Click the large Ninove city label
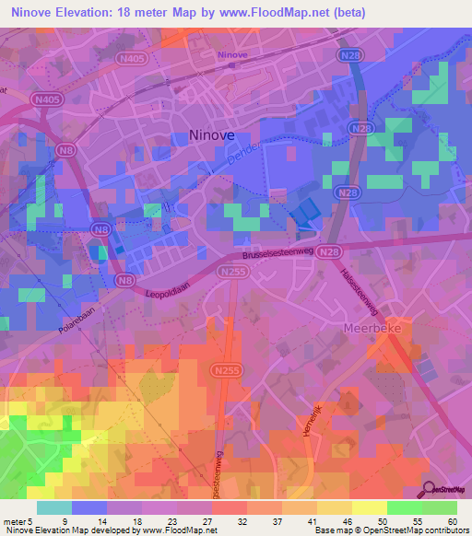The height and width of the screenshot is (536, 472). tap(211, 134)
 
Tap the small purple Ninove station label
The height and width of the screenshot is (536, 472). tap(231, 54)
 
